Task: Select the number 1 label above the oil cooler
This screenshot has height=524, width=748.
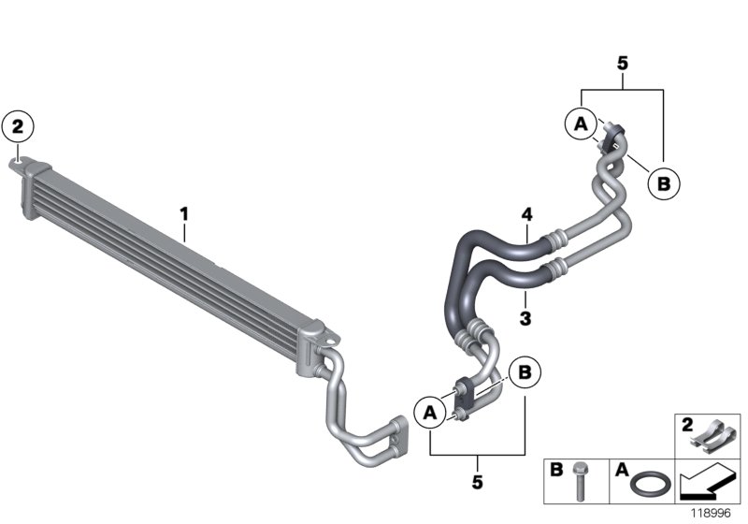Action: [x=185, y=214]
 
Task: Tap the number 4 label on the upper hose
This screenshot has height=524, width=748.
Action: [x=527, y=215]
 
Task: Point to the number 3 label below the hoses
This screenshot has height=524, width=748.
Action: [x=525, y=319]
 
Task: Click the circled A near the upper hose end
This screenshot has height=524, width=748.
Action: [x=580, y=122]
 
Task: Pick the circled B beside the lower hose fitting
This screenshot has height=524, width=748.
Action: [x=525, y=372]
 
